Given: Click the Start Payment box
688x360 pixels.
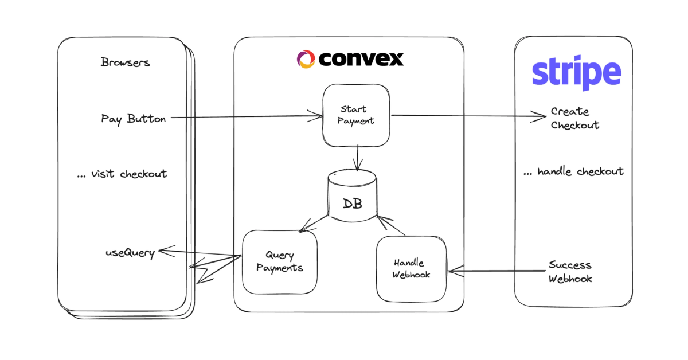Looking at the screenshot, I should point(357,115).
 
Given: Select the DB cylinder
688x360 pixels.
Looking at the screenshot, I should point(353,195).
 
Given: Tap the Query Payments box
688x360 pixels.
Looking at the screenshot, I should point(280,261).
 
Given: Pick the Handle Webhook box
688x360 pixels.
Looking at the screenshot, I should point(411,268).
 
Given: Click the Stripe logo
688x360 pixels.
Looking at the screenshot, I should point(576,73).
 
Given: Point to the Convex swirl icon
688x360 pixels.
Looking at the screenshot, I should point(306,58).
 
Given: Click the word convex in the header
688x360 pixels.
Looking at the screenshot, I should point(361,58).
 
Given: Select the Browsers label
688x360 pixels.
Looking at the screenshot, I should point(125,62).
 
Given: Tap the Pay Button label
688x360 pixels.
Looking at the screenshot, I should point(134,119).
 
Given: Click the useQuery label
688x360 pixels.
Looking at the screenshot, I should point(130,253).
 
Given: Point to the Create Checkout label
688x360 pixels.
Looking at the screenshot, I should point(575,118).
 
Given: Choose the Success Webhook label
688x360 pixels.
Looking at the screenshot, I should point(570,272).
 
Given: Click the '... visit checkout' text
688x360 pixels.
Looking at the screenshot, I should point(122,174).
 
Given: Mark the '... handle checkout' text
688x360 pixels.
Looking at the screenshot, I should point(573,171).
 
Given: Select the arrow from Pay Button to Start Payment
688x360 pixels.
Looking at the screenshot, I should point(247,118).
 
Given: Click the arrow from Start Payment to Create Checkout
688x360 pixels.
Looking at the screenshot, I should point(467,116).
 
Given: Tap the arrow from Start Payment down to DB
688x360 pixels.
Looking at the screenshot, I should point(357,157).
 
